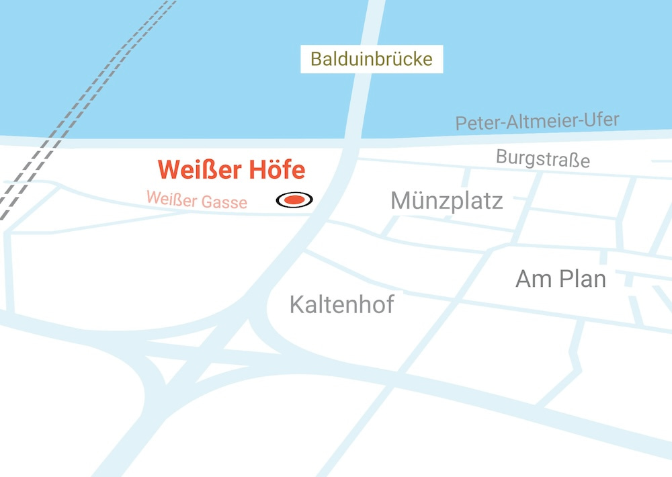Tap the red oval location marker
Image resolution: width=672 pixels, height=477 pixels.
(x=294, y=200)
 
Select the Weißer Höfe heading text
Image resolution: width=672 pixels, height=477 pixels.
(x=231, y=170)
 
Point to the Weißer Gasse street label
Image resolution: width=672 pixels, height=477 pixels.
(x=196, y=200)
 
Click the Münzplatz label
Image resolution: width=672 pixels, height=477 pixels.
(x=446, y=200)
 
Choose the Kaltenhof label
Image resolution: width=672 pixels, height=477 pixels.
(x=341, y=304)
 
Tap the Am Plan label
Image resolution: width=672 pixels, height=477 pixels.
(x=560, y=278)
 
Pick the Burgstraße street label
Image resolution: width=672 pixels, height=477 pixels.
(x=543, y=159)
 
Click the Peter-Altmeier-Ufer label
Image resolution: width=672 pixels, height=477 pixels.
(x=537, y=122)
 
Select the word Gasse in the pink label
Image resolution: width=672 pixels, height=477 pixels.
(x=225, y=202)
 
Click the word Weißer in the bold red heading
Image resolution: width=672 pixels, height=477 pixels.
(x=199, y=170)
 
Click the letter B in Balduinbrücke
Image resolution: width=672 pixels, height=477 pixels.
(x=315, y=60)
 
